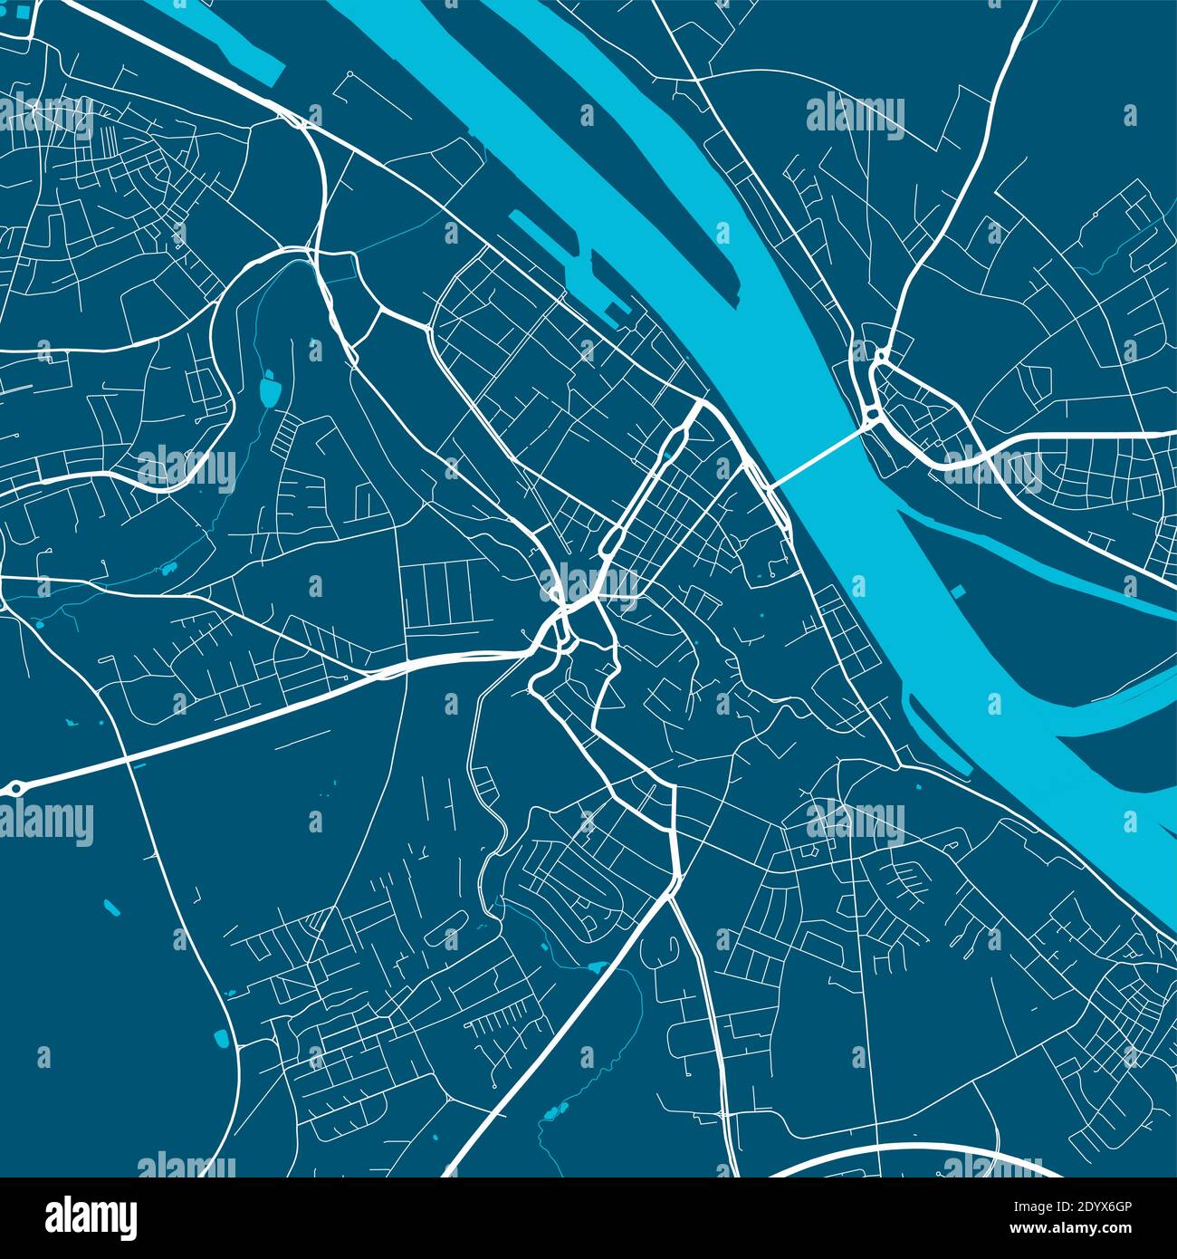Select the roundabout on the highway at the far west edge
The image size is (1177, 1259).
15,789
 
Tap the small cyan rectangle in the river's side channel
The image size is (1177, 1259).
957,593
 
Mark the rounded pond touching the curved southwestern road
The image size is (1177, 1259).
220,1039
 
